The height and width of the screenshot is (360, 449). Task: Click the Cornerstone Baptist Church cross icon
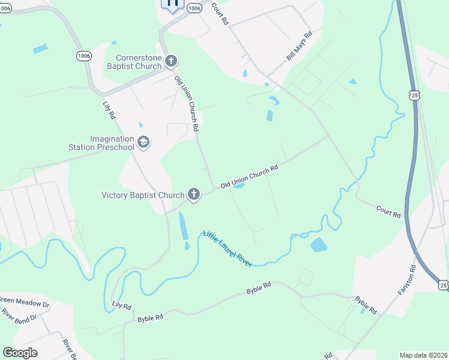pos(171,61)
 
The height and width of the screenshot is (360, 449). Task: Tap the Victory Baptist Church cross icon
pos(193,194)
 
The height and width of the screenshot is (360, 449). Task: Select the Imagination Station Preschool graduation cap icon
pos(143,142)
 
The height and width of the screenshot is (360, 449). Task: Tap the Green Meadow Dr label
pos(24,299)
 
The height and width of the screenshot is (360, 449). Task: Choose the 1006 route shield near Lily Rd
pos(84,55)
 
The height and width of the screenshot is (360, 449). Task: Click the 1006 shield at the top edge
pos(194,8)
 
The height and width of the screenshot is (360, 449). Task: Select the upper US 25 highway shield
pos(414,95)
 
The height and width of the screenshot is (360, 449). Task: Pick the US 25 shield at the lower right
pos(442,283)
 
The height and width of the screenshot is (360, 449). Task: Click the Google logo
pos(20,352)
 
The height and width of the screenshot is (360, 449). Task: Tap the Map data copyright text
pos(423,355)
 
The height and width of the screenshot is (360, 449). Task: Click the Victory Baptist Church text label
pos(143,194)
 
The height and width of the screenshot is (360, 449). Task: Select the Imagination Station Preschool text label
pos(111,142)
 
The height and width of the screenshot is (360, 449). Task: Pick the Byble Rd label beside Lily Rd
pos(150,318)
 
